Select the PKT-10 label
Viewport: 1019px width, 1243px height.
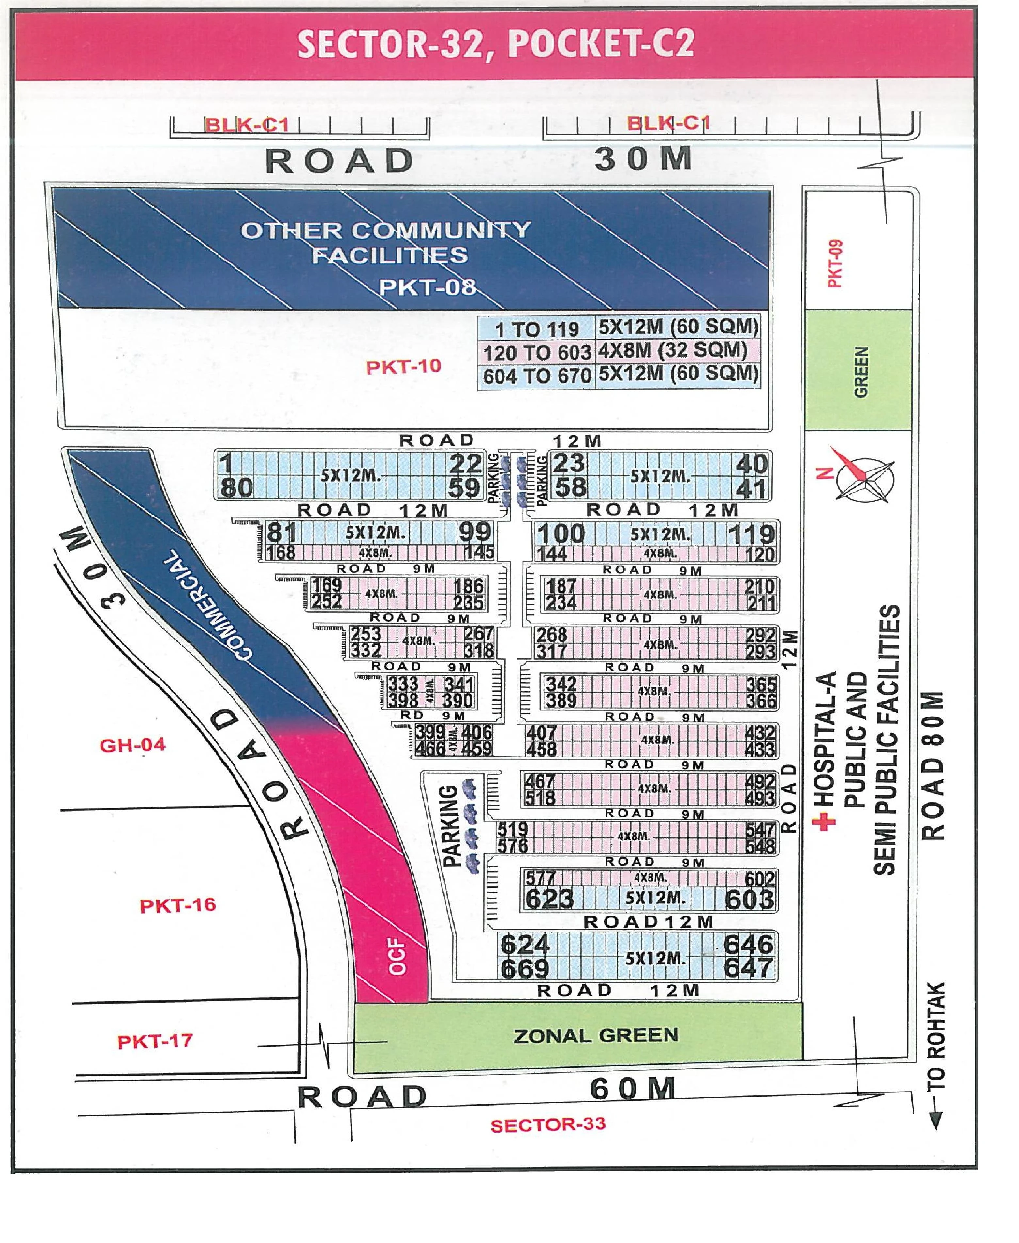point(403,366)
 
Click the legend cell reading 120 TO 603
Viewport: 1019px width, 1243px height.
point(537,352)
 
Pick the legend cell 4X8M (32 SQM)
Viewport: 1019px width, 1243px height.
point(673,350)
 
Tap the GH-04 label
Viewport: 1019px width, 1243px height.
point(133,745)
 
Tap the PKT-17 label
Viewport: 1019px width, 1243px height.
point(155,1041)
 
